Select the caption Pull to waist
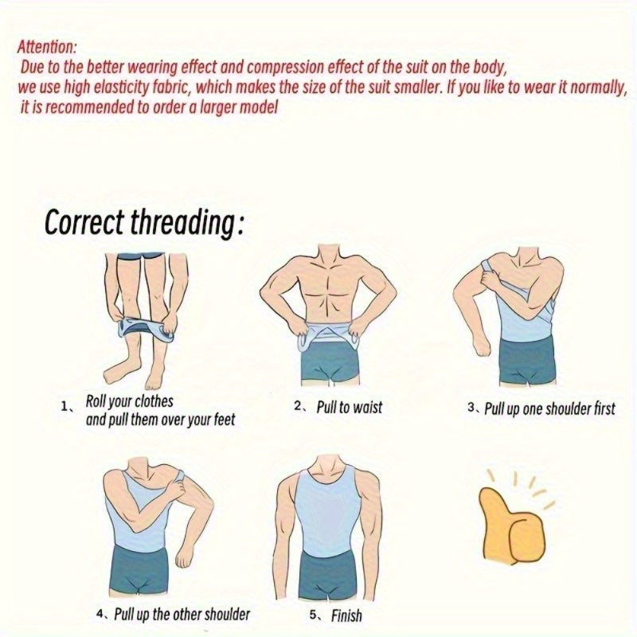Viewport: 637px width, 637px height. click(349, 407)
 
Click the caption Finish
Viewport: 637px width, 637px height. click(346, 615)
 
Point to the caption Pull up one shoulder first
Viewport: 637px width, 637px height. click(550, 408)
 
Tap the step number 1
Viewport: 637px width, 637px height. click(65, 406)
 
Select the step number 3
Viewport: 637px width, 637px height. click(471, 408)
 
